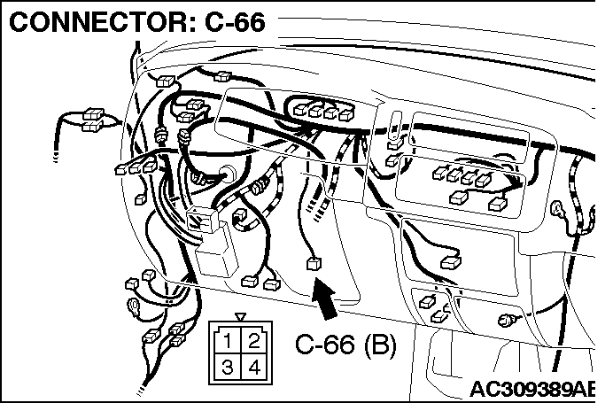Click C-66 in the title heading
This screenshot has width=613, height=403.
coord(235,21)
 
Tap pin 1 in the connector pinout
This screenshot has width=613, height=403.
coord(228,341)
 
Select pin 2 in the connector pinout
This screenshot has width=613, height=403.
coord(253,341)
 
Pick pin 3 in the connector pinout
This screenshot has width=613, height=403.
coord(228,368)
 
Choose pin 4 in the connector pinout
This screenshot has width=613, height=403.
coord(254,368)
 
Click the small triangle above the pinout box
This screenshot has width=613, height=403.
coord(240,316)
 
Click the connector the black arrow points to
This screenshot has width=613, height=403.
coord(314,264)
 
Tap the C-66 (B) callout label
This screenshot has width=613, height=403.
coord(345,345)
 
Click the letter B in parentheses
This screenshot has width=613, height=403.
coord(380,345)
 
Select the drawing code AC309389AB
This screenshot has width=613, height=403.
coord(532,389)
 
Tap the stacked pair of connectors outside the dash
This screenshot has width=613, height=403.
coord(93,120)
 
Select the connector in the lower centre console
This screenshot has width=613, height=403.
coord(451,262)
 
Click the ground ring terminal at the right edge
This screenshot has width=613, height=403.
coord(557,210)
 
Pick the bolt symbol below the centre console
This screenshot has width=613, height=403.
coord(507,321)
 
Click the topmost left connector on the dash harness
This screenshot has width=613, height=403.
coord(165,81)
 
